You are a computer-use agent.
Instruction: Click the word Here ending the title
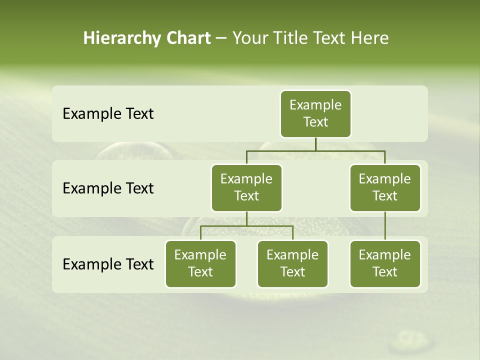tap(369, 38)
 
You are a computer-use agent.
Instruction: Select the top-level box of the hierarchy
tap(315, 113)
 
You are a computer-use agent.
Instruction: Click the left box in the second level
tap(246, 187)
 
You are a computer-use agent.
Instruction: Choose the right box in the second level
tap(385, 187)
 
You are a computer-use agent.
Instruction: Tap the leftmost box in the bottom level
tap(200, 263)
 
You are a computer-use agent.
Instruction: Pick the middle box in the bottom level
tap(292, 263)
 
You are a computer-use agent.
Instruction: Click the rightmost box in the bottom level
tap(385, 263)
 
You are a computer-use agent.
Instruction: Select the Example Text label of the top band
tap(108, 114)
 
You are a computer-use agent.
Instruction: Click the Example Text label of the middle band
tap(108, 188)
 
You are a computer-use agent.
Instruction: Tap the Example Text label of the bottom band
tap(108, 264)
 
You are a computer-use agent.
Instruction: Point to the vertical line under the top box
tap(315, 144)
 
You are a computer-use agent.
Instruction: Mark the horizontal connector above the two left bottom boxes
tap(225, 226)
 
